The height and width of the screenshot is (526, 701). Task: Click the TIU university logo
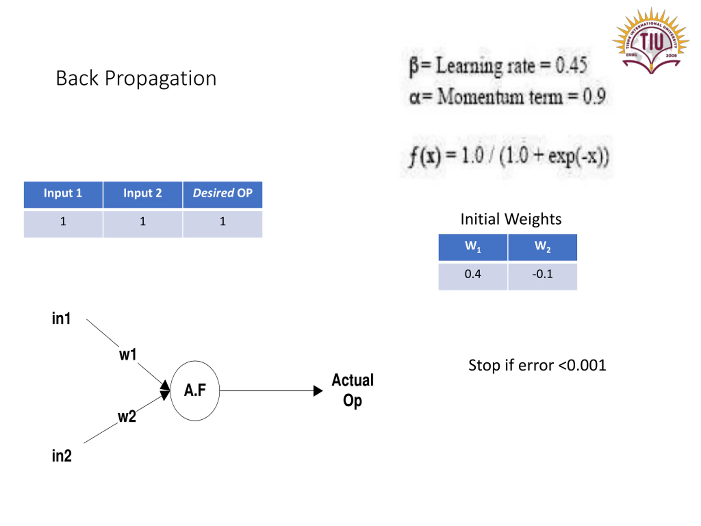pos(650,41)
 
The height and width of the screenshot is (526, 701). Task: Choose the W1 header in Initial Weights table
pos(473,247)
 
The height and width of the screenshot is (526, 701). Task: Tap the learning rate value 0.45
pos(571,65)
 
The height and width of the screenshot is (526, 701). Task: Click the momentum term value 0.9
pos(594,96)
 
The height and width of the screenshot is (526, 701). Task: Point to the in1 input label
pos(61,318)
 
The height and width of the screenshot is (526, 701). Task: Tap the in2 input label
pos(62,456)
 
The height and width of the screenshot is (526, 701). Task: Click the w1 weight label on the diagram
pos(128,355)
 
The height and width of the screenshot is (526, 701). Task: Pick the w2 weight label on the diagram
pos(127,416)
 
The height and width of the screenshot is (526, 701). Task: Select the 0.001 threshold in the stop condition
pos(587,365)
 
